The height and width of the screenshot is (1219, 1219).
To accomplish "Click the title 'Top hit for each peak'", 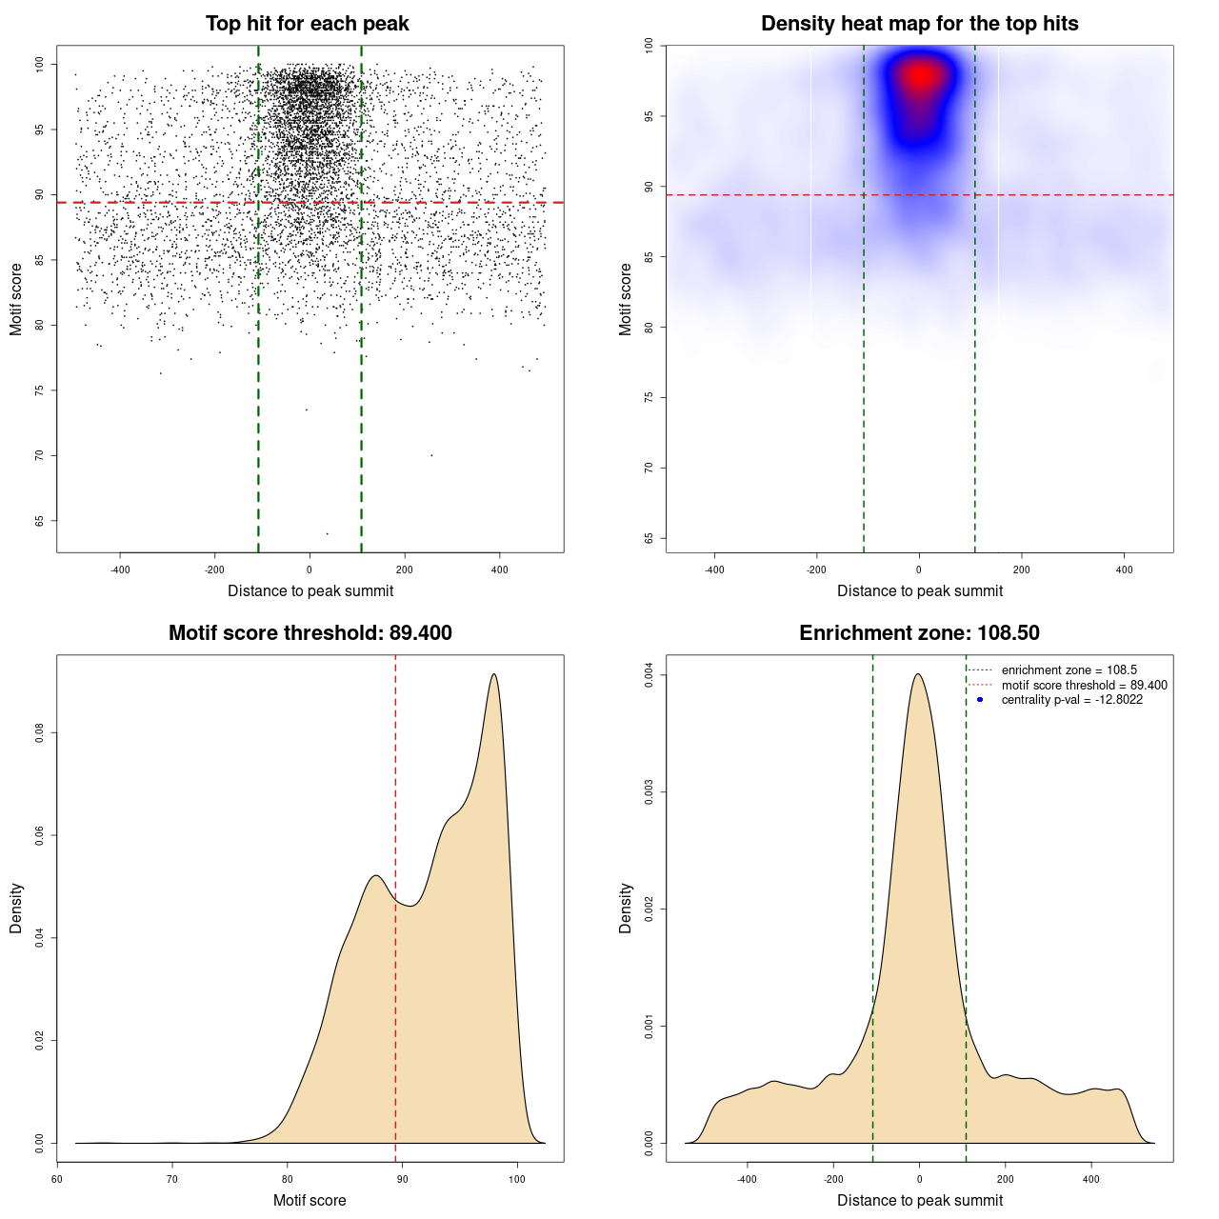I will pos(308,24).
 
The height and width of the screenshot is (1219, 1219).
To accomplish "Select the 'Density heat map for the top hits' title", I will pos(919,24).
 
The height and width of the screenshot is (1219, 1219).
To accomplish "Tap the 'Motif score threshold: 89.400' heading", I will pos(310,633).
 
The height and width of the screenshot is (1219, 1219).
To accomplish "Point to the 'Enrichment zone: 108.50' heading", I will pos(919,633).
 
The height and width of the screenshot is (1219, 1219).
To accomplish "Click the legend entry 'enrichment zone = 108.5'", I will pos(1069,670).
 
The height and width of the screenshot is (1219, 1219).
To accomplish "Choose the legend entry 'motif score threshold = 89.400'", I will pos(1084,685).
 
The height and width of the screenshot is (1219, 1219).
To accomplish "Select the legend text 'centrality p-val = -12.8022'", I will pos(1071,700).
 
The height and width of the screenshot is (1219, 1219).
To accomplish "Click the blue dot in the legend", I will pos(980,700).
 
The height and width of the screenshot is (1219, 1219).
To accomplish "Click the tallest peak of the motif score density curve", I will pos(493,674).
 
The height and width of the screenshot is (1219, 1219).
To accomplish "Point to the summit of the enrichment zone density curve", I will pos(918,674).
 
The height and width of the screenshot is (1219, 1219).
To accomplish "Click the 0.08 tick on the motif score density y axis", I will pos(40,732).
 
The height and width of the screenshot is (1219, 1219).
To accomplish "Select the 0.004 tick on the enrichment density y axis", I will pos(649,675).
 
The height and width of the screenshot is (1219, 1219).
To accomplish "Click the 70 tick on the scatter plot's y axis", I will pos(40,455).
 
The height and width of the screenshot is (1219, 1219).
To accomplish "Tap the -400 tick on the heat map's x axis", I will pos(714,570).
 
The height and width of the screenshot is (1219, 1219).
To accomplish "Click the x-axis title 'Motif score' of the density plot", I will pos(310,1200).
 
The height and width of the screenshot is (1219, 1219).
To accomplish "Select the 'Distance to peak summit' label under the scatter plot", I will pos(310,590).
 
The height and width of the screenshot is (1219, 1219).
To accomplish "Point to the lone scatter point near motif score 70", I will pos(431,455).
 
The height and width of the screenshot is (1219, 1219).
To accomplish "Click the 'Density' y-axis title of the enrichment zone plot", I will pos(626,908).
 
